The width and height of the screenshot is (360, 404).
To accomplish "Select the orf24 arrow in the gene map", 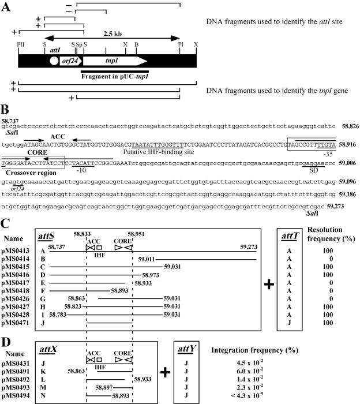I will (67, 60).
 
